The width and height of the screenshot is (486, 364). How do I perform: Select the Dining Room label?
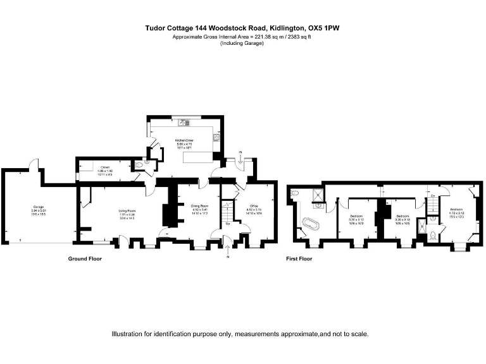(200, 205)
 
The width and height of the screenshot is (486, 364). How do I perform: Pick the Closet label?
(104, 168)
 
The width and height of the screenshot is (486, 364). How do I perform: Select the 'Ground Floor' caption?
(85, 258)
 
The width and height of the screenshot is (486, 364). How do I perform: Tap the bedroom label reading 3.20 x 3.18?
(403, 217)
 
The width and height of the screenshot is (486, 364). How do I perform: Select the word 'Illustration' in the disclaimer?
(128, 334)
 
